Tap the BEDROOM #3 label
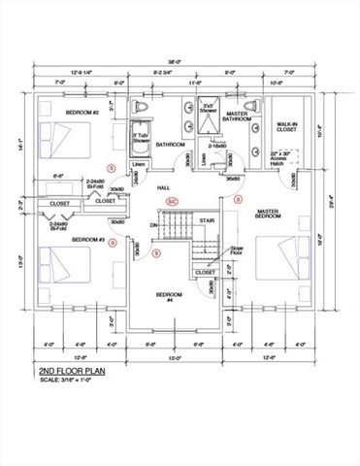(89, 238)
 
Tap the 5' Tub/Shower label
(141, 138)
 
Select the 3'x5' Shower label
(209, 110)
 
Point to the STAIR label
(207, 220)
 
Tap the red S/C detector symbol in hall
(172, 201)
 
